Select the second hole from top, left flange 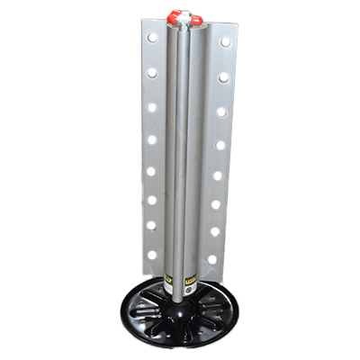pyautogui.click(x=152, y=72)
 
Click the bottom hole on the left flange pyautogui.click(x=151, y=255)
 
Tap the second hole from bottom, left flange pyautogui.click(x=151, y=226)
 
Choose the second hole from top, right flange pyautogui.click(x=223, y=77)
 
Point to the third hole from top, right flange pyautogui.click(x=221, y=112)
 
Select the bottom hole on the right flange pyautogui.click(x=212, y=260)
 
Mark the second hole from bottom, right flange pyautogui.click(x=214, y=231)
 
